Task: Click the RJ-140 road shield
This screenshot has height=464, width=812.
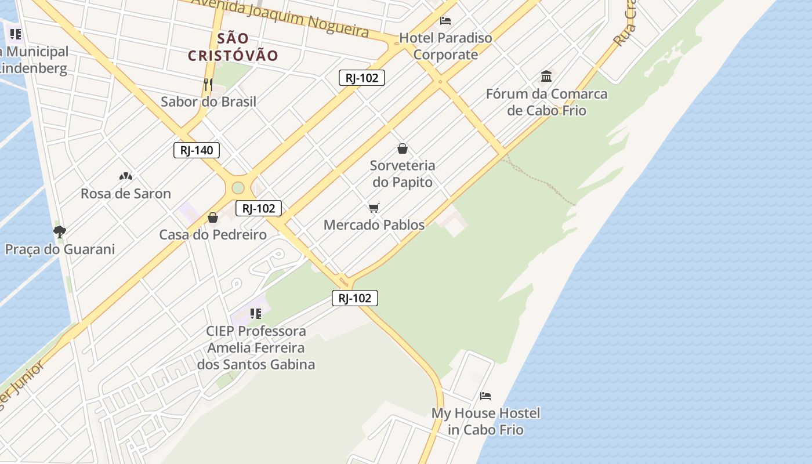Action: point(197,150)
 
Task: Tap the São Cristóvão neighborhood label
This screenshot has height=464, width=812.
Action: point(233,47)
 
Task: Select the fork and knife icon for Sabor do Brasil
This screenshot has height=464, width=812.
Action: point(208,85)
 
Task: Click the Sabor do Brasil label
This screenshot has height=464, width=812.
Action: point(208,101)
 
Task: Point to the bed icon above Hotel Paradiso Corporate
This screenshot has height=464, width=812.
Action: point(445,21)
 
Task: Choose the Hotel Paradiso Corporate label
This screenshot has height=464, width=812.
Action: point(445,46)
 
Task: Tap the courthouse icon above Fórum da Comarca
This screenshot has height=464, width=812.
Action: point(546,76)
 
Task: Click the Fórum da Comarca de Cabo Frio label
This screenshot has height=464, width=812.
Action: point(546,102)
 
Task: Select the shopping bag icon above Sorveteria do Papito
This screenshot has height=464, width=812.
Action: point(403,148)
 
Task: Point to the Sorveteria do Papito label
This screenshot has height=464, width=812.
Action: point(403,174)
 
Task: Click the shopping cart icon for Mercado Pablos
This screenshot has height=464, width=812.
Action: point(374,208)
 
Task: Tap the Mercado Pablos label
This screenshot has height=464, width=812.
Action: point(374,224)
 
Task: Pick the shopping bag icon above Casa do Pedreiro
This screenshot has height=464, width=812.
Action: point(213,217)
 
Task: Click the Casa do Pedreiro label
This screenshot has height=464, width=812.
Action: point(213,235)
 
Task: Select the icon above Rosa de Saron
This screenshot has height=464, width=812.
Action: point(125,176)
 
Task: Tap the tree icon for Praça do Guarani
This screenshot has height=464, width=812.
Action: point(59,232)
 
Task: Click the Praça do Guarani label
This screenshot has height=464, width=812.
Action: point(60,249)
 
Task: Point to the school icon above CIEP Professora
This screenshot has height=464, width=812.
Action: point(256,314)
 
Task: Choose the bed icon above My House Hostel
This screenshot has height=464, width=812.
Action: point(485,396)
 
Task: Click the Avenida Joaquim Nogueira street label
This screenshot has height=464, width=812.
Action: point(280,16)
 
